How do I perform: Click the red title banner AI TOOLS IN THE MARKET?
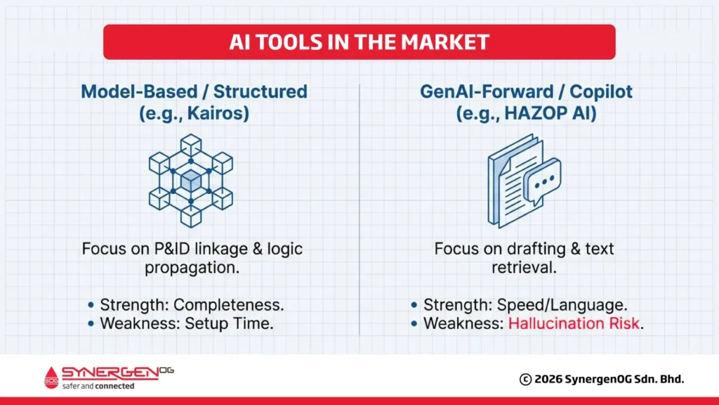tap(359, 42)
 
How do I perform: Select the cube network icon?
tap(190, 180)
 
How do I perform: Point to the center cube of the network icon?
tap(190, 181)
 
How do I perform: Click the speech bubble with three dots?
tap(542, 181)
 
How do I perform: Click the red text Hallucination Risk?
tap(575, 324)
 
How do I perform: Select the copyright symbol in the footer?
tap(525, 380)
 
